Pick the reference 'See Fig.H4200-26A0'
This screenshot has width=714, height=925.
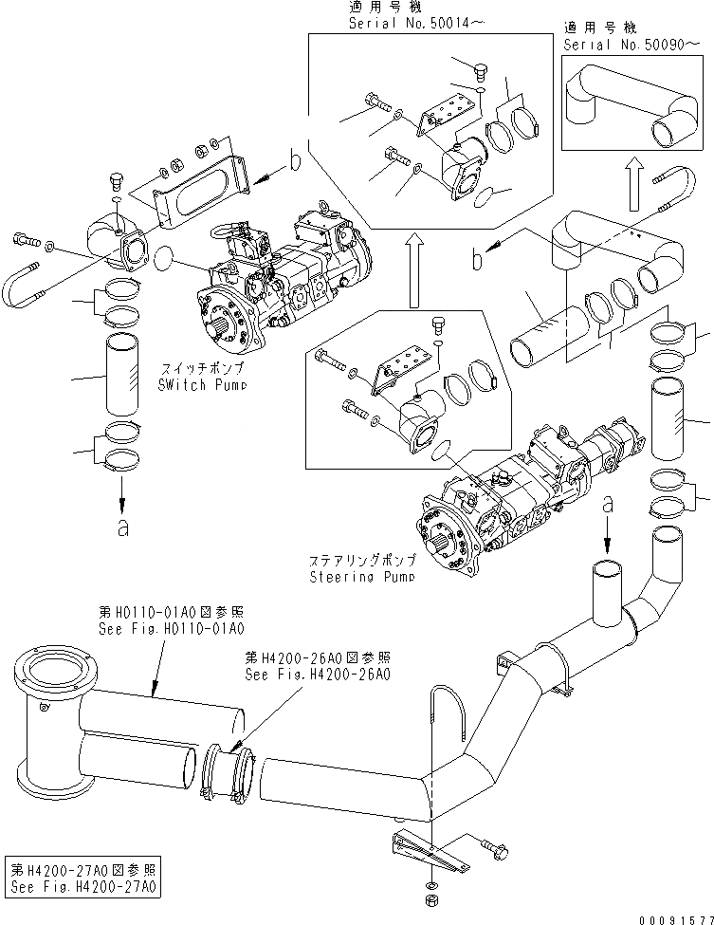(x=317, y=674)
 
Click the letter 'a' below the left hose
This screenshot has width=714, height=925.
(x=122, y=527)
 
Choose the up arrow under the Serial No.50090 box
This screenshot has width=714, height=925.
(x=632, y=179)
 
